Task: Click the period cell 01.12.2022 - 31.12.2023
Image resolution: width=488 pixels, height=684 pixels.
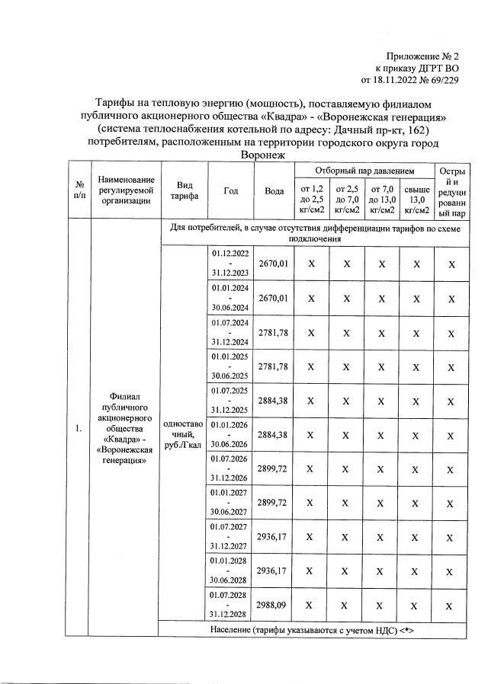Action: coord(230,264)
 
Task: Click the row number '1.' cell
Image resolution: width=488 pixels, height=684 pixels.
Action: coord(79,429)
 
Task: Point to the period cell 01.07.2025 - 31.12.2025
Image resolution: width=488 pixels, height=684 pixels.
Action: coord(230,400)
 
